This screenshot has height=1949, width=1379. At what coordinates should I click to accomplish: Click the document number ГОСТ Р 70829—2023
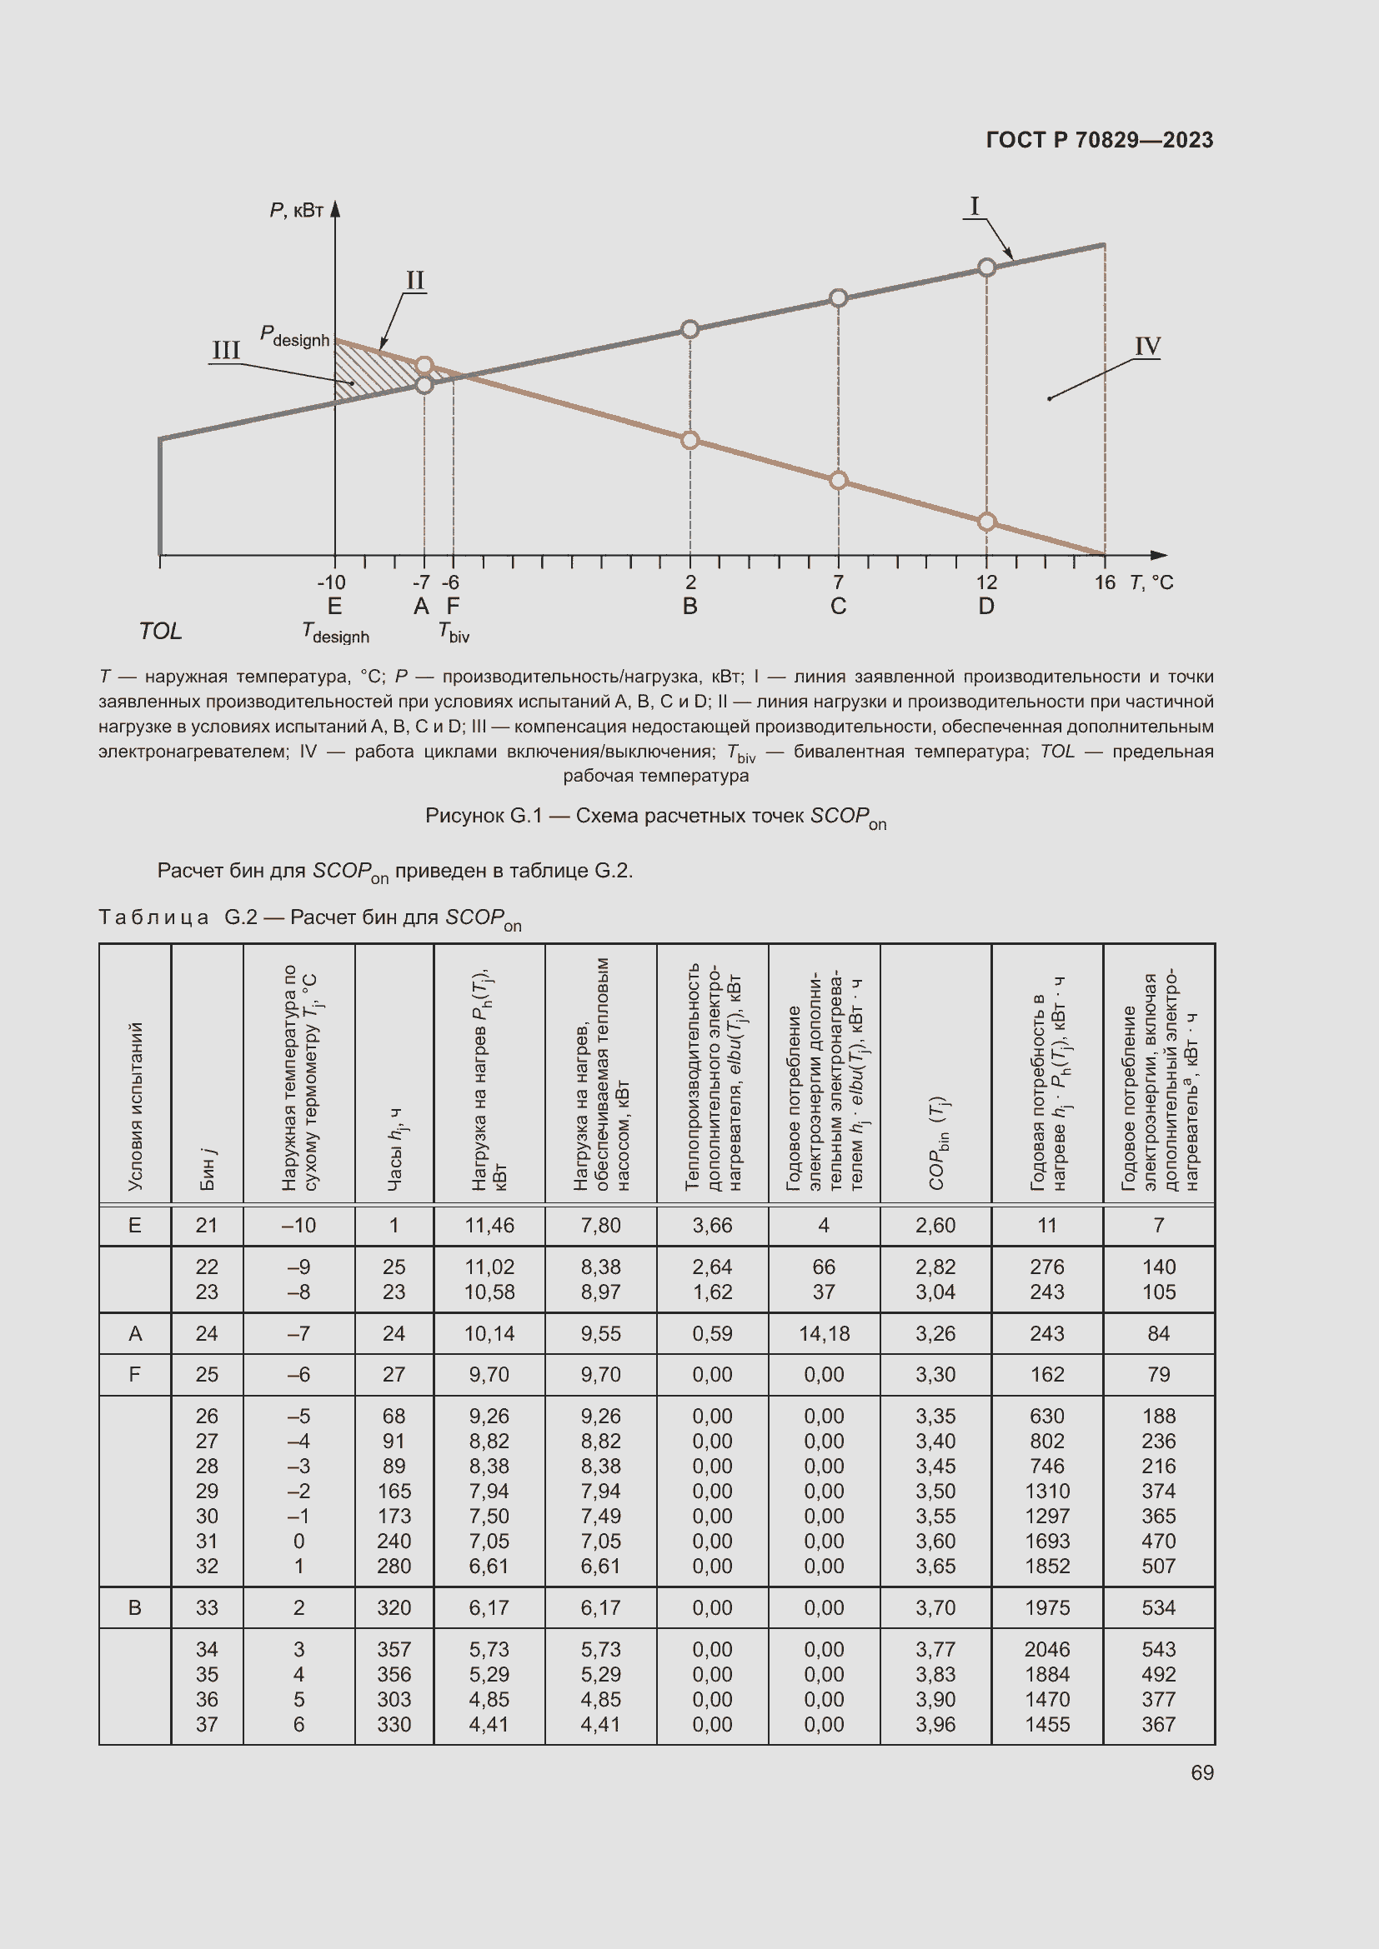pyautogui.click(x=1099, y=140)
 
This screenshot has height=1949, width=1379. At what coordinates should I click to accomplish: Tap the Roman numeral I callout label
pyautogui.click(x=974, y=207)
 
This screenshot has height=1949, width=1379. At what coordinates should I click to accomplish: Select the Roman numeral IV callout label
pyautogui.click(x=1147, y=347)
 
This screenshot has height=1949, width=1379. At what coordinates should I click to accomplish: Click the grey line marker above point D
pyautogui.click(x=985, y=267)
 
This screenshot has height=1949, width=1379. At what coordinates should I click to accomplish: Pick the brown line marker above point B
pyautogui.click(x=689, y=440)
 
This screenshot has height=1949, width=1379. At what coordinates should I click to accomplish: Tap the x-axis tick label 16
pyautogui.click(x=1104, y=582)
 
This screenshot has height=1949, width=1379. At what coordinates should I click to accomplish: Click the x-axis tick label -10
pyautogui.click(x=331, y=582)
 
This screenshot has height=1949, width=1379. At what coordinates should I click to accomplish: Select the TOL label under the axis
pyautogui.click(x=160, y=631)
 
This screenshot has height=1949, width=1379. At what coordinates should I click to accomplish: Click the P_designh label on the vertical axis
pyautogui.click(x=293, y=336)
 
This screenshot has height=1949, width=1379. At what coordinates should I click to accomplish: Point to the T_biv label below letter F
pyautogui.click(x=454, y=632)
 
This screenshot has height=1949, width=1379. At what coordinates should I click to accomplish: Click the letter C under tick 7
pyautogui.click(x=838, y=606)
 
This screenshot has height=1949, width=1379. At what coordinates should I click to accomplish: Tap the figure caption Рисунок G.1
pyautogui.click(x=654, y=817)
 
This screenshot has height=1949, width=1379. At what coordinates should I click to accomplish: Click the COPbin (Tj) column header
pyautogui.click(x=936, y=1142)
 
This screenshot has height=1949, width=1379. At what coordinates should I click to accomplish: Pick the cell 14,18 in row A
pyautogui.click(x=824, y=1333)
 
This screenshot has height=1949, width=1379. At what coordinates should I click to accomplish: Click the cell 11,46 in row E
pyautogui.click(x=489, y=1225)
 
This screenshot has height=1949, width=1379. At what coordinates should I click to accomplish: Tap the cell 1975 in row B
pyautogui.click(x=1047, y=1607)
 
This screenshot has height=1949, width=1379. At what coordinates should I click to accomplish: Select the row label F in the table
pyautogui.click(x=135, y=1374)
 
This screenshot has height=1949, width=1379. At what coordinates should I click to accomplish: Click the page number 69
pyautogui.click(x=1201, y=1772)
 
